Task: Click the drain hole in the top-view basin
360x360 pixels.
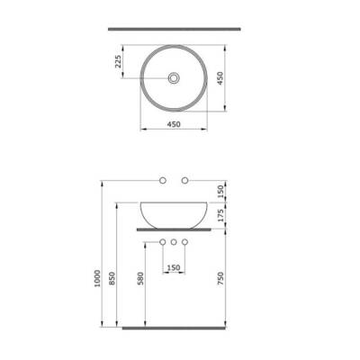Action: click(173, 77)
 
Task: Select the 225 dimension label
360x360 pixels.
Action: click(118, 62)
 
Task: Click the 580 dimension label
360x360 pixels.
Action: click(139, 281)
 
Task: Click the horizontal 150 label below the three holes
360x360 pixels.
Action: click(173, 267)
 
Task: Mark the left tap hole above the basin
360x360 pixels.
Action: click(162, 182)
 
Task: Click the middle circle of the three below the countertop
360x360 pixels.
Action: click(173, 243)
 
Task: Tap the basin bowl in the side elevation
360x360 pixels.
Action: click(173, 212)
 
